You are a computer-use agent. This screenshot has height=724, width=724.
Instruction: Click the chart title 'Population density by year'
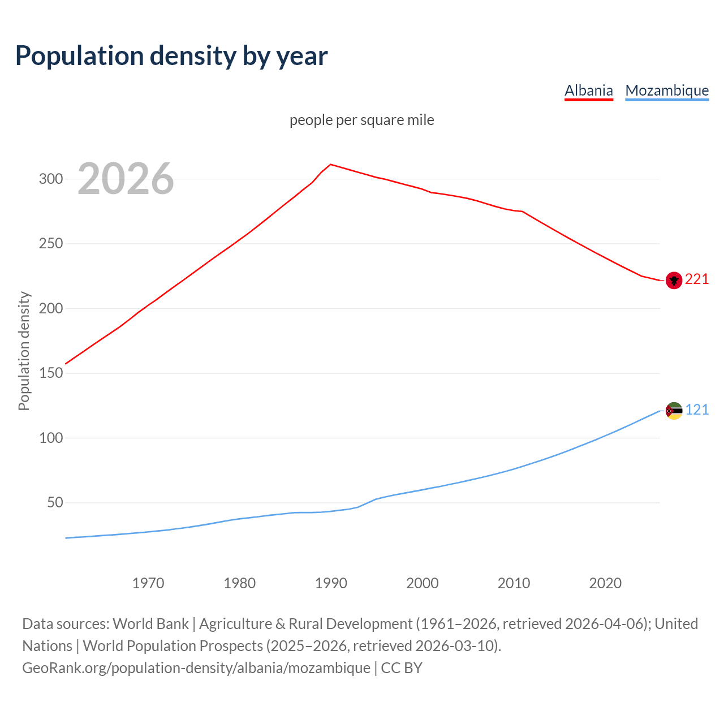171,55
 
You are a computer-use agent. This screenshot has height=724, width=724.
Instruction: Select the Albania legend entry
588,90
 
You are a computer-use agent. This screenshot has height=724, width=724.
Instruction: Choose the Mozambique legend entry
667,90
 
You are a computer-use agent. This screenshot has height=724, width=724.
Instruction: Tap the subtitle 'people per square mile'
361,120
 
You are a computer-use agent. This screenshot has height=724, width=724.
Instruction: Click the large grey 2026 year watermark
126,179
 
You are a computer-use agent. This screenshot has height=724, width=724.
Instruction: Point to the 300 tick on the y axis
50,179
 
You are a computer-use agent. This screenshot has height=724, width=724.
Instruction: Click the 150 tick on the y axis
50,373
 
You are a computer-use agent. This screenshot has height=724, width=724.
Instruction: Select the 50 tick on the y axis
54,503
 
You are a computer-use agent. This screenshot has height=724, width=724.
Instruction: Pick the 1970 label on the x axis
148,583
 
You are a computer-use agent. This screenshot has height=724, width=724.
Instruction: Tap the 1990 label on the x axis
331,583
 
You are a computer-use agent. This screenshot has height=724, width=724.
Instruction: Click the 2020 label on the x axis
605,583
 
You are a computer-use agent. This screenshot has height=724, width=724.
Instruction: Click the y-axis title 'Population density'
24,351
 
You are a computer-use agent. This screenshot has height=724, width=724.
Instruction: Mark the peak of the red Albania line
331,165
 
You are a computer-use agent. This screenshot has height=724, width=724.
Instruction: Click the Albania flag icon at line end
674,280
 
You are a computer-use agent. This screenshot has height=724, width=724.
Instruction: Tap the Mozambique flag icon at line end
674,411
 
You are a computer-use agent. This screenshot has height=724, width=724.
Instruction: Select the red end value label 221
697,279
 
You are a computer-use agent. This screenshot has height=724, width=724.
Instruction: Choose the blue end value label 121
697,410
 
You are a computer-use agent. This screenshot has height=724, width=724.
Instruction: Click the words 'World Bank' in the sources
150,624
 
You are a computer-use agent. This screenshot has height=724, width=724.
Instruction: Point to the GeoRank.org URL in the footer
196,668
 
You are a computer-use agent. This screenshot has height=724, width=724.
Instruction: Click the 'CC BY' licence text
402,668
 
